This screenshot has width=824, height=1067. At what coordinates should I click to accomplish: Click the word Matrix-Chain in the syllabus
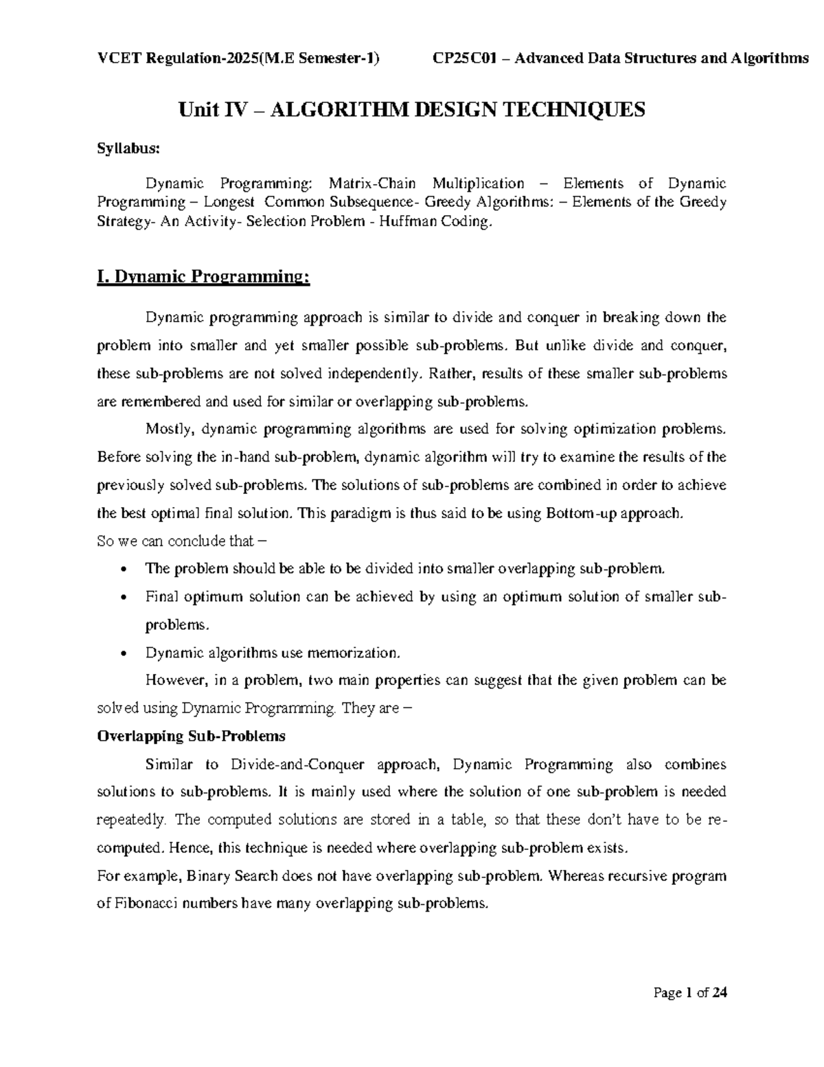372,183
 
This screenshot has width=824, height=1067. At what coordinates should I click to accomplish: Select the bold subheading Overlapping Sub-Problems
191,736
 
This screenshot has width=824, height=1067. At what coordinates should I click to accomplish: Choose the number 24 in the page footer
720,993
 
